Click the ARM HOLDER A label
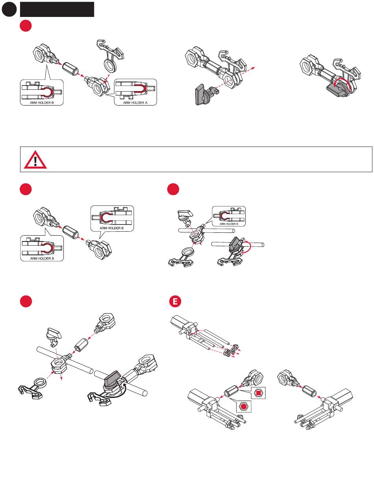135,103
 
